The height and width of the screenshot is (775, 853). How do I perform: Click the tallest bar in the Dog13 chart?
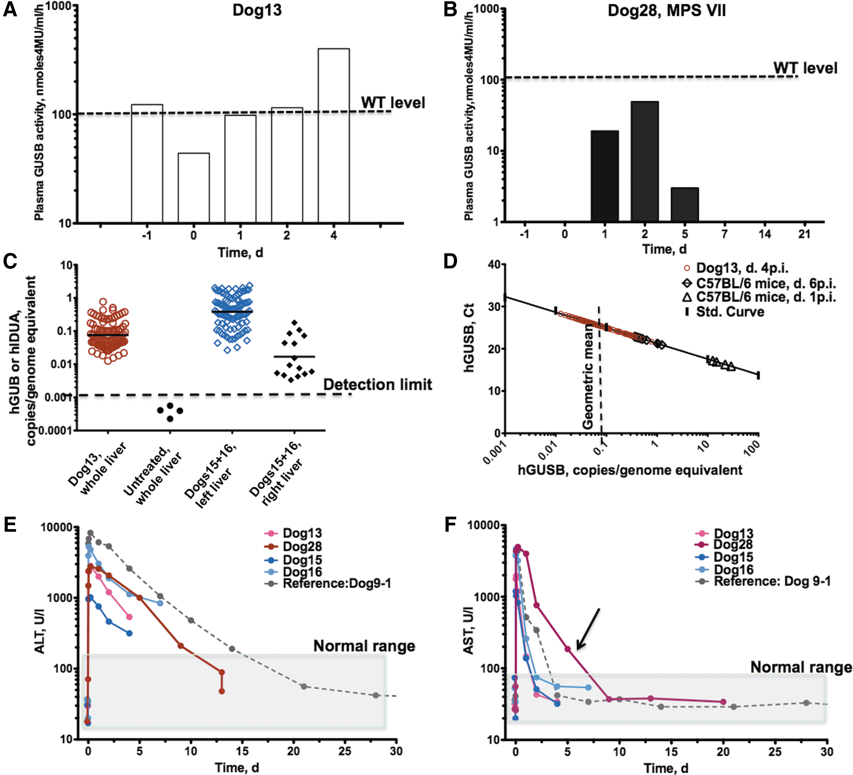click(333, 136)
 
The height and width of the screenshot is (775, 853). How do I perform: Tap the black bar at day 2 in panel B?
click(644, 161)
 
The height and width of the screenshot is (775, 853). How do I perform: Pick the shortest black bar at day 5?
click(685, 204)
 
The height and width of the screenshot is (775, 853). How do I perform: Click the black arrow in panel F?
click(588, 629)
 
